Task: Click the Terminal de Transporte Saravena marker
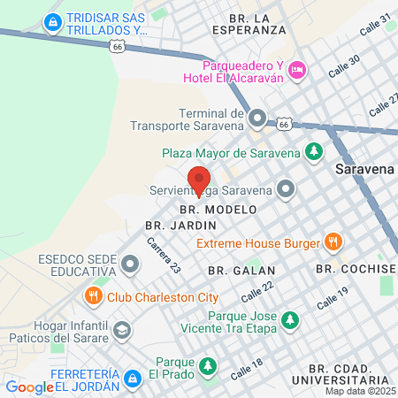pyautogui.click(x=257, y=118)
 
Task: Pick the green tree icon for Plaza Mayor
pyautogui.click(x=312, y=151)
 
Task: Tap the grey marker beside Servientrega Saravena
pyautogui.click(x=286, y=188)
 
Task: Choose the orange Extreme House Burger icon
pyautogui.click(x=333, y=241)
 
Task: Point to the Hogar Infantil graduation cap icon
pyautogui.click(x=122, y=332)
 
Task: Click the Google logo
pyautogui.click(x=29, y=387)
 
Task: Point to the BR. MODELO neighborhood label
pyautogui.click(x=218, y=210)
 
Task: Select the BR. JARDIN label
pyautogui.click(x=168, y=226)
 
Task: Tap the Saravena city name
pyautogui.click(x=363, y=168)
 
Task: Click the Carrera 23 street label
pyautogui.click(x=164, y=255)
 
